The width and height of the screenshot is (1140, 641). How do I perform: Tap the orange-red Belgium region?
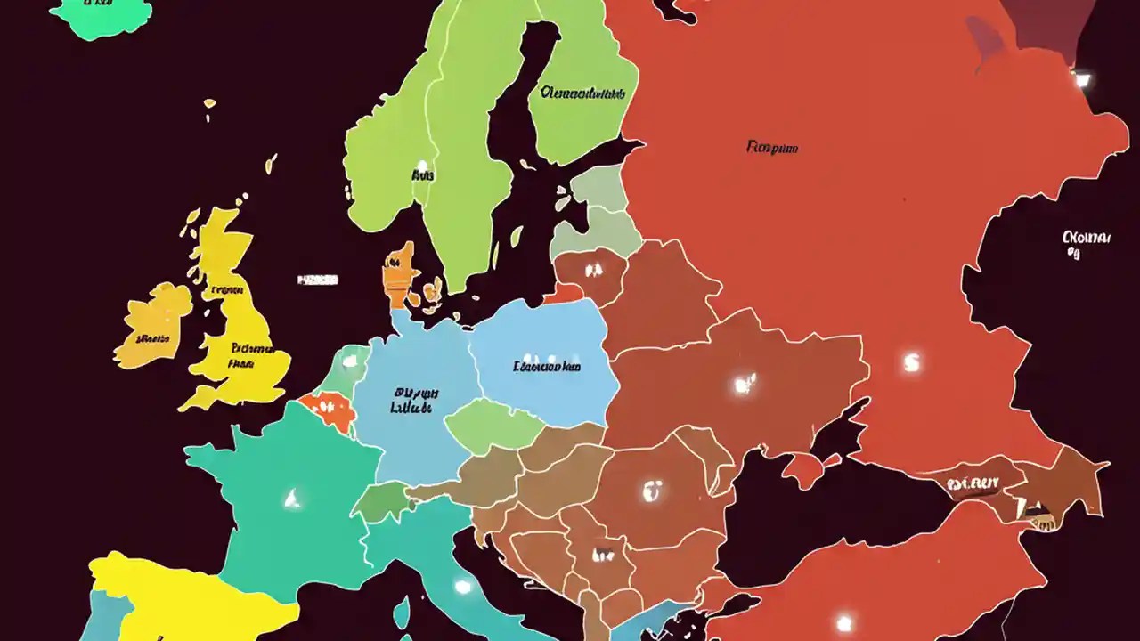(328, 411)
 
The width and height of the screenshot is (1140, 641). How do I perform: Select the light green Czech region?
(493, 426)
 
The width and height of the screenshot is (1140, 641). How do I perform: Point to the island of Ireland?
(154, 325)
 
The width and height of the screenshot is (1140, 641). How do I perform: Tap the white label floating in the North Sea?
(317, 280)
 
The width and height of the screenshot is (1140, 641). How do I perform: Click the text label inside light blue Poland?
(547, 366)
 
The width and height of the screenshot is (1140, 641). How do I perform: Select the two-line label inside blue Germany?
(414, 400)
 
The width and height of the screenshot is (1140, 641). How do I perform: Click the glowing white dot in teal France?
(290, 498)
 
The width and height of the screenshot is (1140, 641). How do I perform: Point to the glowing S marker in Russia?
(910, 363)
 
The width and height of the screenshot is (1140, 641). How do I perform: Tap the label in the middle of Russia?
(771, 148)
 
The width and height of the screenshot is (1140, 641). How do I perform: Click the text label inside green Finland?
(582, 93)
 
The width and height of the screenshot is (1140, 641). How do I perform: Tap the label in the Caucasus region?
(973, 483)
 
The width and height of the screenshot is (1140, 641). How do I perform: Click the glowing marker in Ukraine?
(744, 385)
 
